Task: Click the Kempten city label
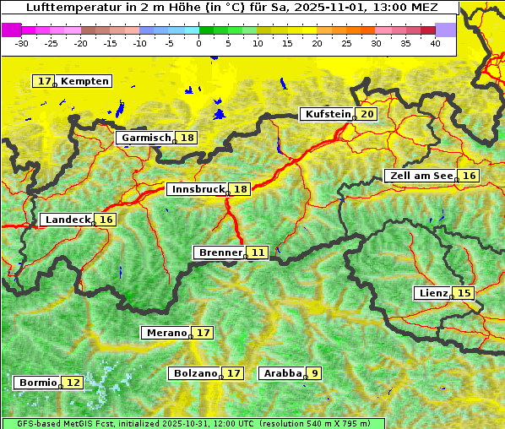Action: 84,81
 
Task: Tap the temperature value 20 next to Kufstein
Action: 367,114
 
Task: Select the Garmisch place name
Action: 146,138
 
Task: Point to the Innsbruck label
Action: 198,189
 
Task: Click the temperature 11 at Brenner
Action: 258,252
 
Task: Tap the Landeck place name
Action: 68,220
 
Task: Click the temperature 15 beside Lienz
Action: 464,293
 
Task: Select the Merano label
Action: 166,333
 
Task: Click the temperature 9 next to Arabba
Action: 314,372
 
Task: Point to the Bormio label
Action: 37,383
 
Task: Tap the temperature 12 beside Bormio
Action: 73,383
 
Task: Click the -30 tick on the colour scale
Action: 22,42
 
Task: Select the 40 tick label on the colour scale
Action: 435,42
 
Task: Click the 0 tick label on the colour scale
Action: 198,42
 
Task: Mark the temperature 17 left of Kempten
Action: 44,81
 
